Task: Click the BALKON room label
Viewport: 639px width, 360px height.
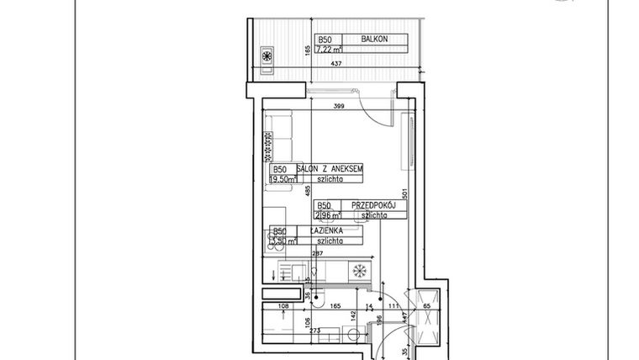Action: tap(374, 39)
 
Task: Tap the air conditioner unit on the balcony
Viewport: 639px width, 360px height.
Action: tap(268, 56)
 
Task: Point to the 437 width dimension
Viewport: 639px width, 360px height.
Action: tap(335, 63)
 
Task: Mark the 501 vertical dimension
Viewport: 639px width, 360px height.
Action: tap(404, 193)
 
